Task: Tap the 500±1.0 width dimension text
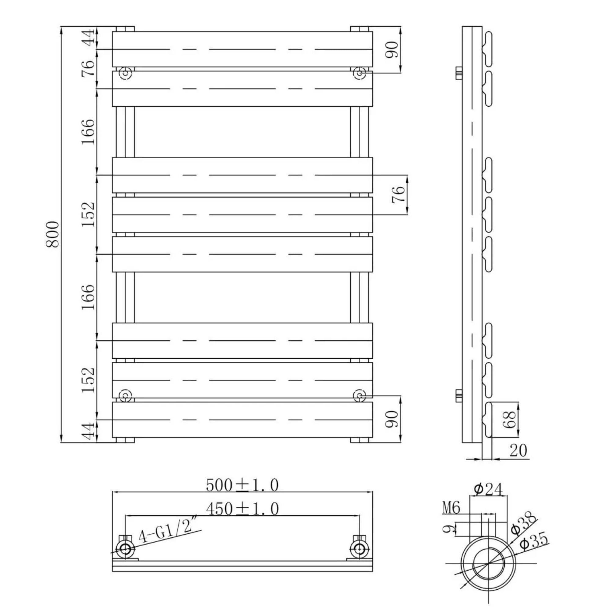242,485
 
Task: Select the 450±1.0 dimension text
242,509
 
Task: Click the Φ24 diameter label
488,490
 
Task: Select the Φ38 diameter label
523,525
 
